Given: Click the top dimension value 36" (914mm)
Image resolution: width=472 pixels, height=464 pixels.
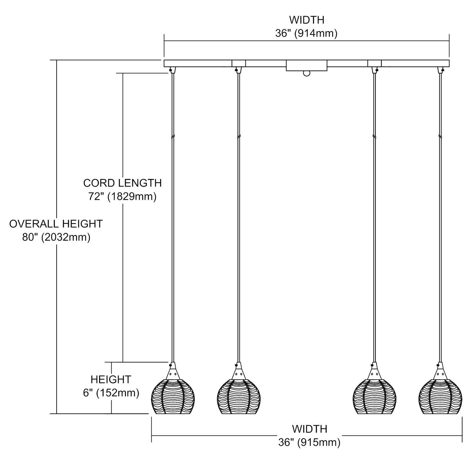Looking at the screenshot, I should (306, 33).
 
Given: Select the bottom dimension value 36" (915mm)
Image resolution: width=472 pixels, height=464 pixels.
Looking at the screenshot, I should (309, 443).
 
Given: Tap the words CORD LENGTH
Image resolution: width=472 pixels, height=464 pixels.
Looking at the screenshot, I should (122, 183).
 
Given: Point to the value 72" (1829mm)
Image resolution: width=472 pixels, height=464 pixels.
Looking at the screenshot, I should (122, 197).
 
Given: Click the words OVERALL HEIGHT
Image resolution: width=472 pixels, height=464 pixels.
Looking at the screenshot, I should (56, 224).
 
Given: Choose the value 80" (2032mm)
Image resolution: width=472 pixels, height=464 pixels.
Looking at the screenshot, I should (56, 237).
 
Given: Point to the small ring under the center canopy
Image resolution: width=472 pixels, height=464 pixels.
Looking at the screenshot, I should (306, 74).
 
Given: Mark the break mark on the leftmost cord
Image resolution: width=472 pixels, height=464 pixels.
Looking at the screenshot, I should (172, 137).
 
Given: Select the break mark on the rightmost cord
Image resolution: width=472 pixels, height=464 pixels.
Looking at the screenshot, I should (440, 137).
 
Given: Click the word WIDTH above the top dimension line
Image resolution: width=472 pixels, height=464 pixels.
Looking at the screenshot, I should (306, 20).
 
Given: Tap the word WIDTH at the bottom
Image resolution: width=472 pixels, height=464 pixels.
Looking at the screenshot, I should (309, 429).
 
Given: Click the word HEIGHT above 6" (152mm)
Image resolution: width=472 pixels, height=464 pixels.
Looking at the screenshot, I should (111, 379).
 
